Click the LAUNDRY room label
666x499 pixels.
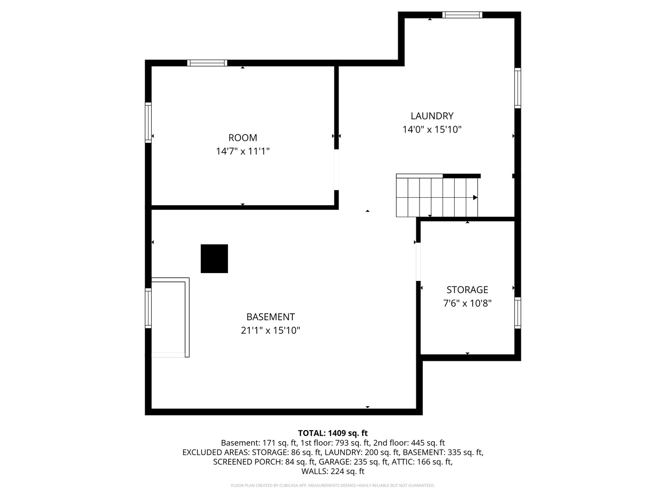[x=432, y=116]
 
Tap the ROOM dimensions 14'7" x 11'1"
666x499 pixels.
[x=243, y=151]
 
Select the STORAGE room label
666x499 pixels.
[x=467, y=290]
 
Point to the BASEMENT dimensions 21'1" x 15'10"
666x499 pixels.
[x=271, y=330]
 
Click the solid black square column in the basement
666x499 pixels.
[x=214, y=258]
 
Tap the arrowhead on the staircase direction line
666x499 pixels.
[x=475, y=198]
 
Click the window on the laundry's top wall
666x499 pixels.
[x=462, y=15]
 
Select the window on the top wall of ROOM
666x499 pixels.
[x=207, y=63]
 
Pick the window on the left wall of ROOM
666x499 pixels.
[x=148, y=122]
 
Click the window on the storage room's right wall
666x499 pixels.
[x=518, y=313]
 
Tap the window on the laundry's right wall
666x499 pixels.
[x=518, y=88]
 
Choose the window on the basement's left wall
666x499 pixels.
[x=148, y=308]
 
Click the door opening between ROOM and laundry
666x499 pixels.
[x=336, y=170]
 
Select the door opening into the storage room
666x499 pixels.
[x=418, y=262]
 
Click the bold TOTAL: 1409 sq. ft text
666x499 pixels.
[x=333, y=433]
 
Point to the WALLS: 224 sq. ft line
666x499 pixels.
[x=333, y=471]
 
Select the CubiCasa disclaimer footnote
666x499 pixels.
[x=333, y=485]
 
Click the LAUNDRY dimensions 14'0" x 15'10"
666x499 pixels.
[x=432, y=130]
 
